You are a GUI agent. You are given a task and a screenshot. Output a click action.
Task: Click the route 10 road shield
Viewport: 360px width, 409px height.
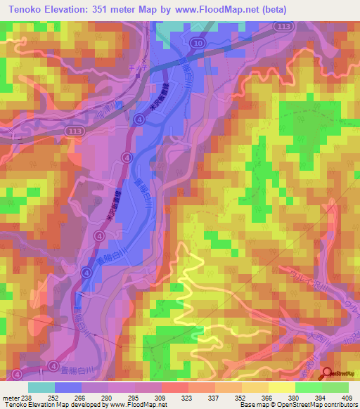[200, 44]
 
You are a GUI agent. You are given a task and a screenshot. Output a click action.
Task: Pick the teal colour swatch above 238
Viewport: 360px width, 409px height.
[41, 387]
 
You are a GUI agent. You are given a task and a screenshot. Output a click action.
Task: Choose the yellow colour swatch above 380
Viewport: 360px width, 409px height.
[282, 387]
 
